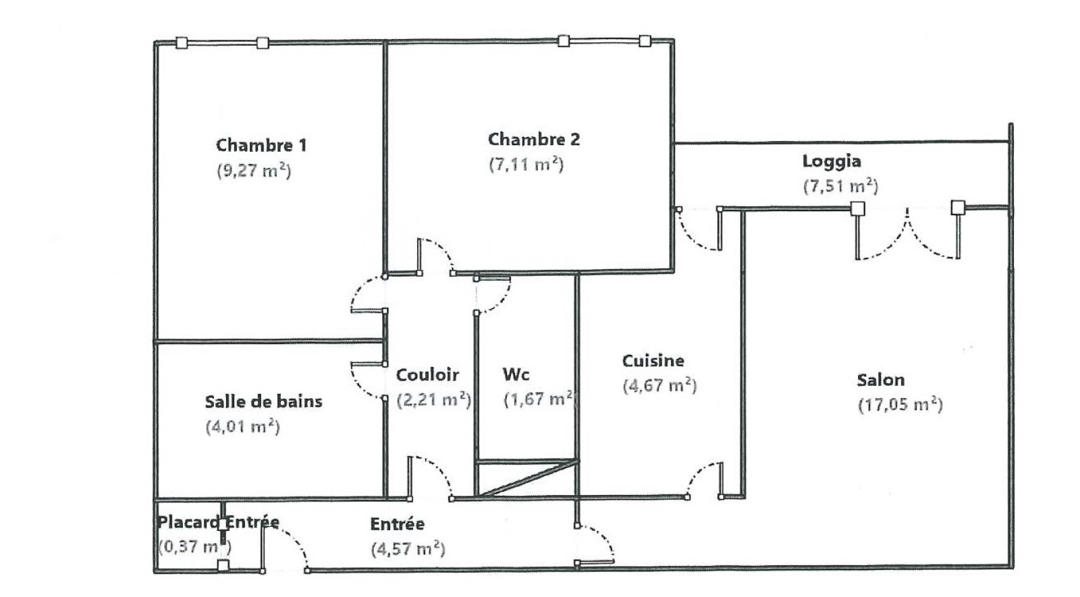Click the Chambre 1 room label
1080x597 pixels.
(x=261, y=145)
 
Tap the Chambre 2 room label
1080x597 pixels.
(x=533, y=140)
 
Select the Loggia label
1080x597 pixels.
(x=831, y=161)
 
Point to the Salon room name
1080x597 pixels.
(x=880, y=380)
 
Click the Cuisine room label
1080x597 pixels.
(x=653, y=361)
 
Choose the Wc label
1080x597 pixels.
(x=516, y=374)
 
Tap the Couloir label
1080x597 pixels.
(x=427, y=375)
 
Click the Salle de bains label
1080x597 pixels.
(x=263, y=401)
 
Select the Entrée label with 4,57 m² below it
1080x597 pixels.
(x=397, y=524)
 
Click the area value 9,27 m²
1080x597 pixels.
(x=254, y=170)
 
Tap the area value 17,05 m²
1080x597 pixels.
(x=900, y=405)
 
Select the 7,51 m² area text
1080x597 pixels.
(x=840, y=186)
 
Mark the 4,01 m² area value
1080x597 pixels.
(x=242, y=426)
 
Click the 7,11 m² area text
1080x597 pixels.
(x=526, y=165)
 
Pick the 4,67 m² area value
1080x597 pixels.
(x=659, y=386)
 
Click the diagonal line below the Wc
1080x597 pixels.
(x=527, y=479)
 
